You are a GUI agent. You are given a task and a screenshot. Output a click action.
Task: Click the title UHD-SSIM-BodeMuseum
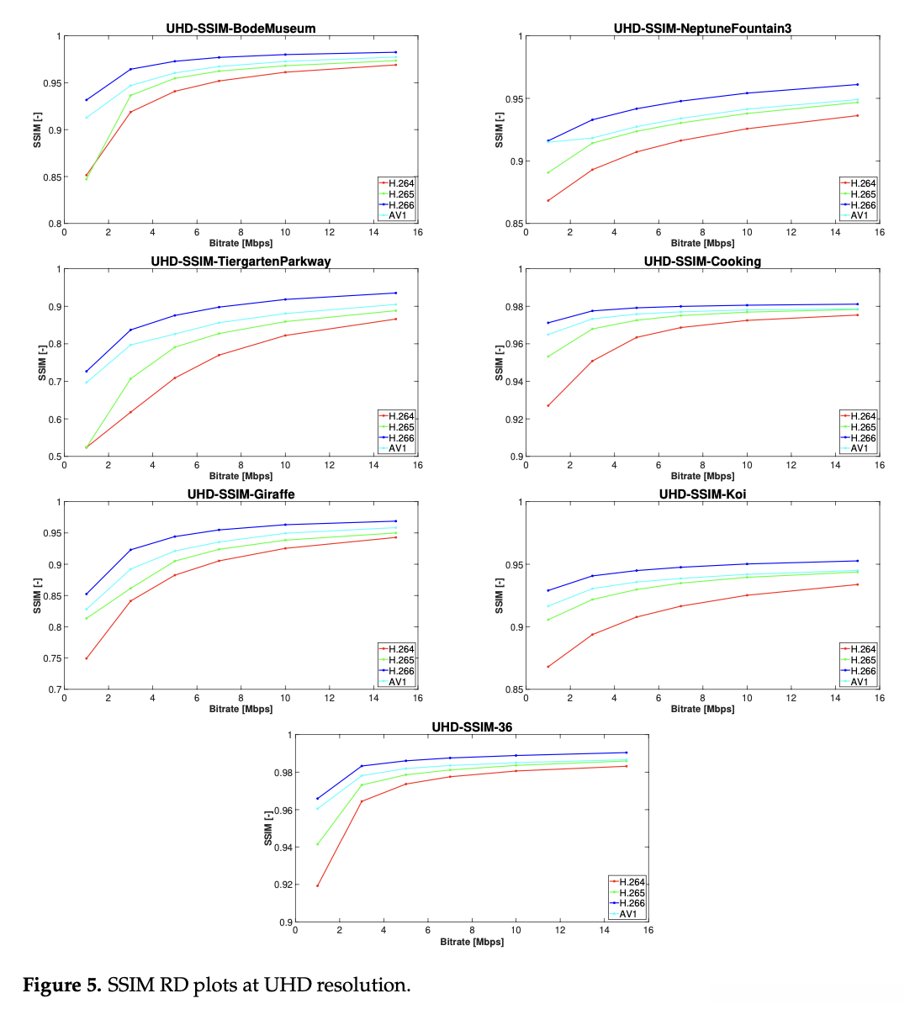click(241, 29)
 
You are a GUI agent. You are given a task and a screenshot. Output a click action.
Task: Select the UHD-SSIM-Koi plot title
click(702, 494)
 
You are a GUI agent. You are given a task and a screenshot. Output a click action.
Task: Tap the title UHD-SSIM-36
click(472, 727)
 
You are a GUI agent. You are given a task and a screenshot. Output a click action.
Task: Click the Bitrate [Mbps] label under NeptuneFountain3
click(702, 244)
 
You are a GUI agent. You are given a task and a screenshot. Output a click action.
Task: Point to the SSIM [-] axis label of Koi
click(499, 595)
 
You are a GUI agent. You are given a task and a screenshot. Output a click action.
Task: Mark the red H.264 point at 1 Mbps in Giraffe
click(87, 658)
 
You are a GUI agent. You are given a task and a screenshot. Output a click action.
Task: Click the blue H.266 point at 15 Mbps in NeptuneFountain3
click(857, 84)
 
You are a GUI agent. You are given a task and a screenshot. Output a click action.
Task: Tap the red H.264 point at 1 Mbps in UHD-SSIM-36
click(317, 885)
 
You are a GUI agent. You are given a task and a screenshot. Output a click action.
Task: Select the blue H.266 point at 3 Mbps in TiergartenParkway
click(130, 330)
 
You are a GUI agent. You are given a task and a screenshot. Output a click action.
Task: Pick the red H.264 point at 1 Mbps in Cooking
click(548, 405)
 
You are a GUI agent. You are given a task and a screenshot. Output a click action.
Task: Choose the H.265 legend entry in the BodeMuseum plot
click(400, 194)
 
